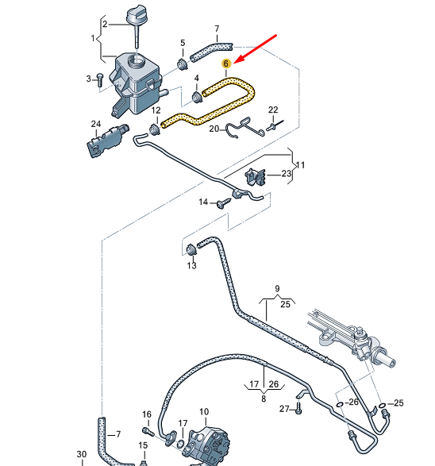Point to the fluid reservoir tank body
(x=135, y=79)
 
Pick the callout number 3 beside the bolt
(x=89, y=78)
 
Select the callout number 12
(x=156, y=110)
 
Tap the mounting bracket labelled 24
(x=103, y=141)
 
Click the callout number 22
(x=272, y=110)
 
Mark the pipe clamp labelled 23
(x=256, y=178)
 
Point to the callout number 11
(x=300, y=165)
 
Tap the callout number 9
(x=278, y=288)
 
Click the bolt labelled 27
(x=298, y=409)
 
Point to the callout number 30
(x=81, y=454)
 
